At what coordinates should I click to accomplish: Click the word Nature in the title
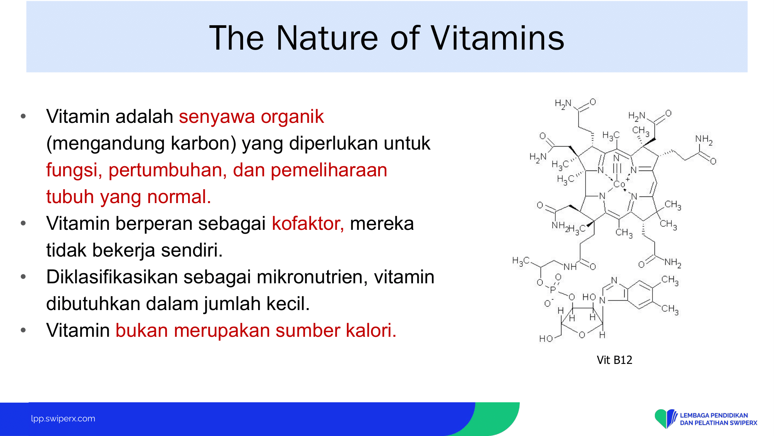(327, 38)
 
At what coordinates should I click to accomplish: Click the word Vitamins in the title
(497, 38)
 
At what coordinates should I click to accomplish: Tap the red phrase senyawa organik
(251, 117)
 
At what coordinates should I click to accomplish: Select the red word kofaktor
(308, 224)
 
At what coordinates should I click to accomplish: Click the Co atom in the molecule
(619, 184)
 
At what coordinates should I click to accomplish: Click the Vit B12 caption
(614, 360)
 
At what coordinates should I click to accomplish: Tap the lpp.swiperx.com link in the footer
(63, 419)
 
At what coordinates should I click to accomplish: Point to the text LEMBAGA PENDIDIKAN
(714, 415)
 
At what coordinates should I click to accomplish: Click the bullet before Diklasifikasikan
(23, 277)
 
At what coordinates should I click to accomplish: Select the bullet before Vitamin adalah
(23, 116)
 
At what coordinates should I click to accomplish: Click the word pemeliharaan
(329, 171)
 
